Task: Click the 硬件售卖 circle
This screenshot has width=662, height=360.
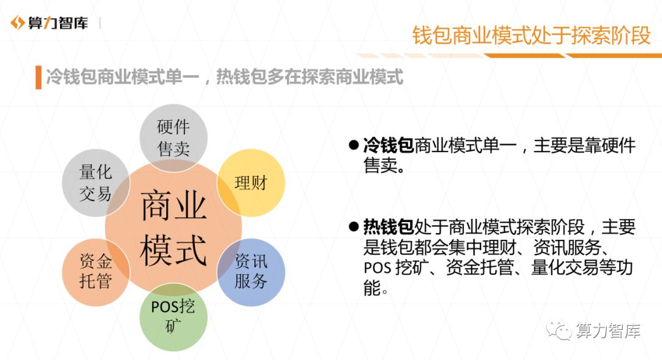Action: click(173, 138)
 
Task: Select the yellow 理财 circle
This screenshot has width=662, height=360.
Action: click(251, 183)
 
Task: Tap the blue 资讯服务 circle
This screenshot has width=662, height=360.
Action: click(251, 272)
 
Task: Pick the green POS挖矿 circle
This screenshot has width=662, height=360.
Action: click(173, 317)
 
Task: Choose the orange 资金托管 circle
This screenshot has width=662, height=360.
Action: click(96, 272)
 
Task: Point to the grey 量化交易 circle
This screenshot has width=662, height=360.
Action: click(96, 183)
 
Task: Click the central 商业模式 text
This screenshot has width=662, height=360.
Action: click(173, 228)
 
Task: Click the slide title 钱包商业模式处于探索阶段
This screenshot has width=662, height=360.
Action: click(531, 35)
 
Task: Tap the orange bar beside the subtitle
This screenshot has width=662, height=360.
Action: click(39, 77)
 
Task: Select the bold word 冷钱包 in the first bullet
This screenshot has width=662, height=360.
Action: click(389, 146)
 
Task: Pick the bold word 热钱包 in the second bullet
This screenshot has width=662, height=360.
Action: click(389, 227)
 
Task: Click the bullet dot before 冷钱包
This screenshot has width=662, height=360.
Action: click(354, 145)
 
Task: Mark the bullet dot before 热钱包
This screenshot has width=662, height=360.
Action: click(354, 226)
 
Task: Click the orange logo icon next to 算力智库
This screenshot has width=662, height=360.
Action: click(17, 23)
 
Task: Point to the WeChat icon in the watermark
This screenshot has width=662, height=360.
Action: click(559, 330)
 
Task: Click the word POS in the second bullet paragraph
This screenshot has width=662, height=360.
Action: click(378, 268)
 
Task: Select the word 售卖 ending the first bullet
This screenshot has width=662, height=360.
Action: click(381, 166)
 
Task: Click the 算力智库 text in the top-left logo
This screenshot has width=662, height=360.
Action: click(58, 23)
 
